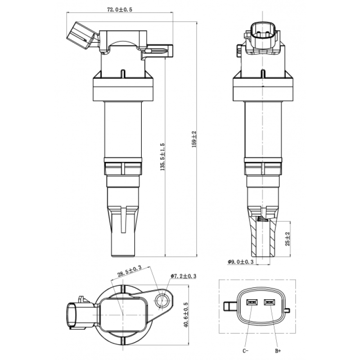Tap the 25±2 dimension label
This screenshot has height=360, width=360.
(x=287, y=238)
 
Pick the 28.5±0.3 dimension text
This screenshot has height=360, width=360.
(x=130, y=270)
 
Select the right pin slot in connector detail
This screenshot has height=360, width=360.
(x=270, y=302)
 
